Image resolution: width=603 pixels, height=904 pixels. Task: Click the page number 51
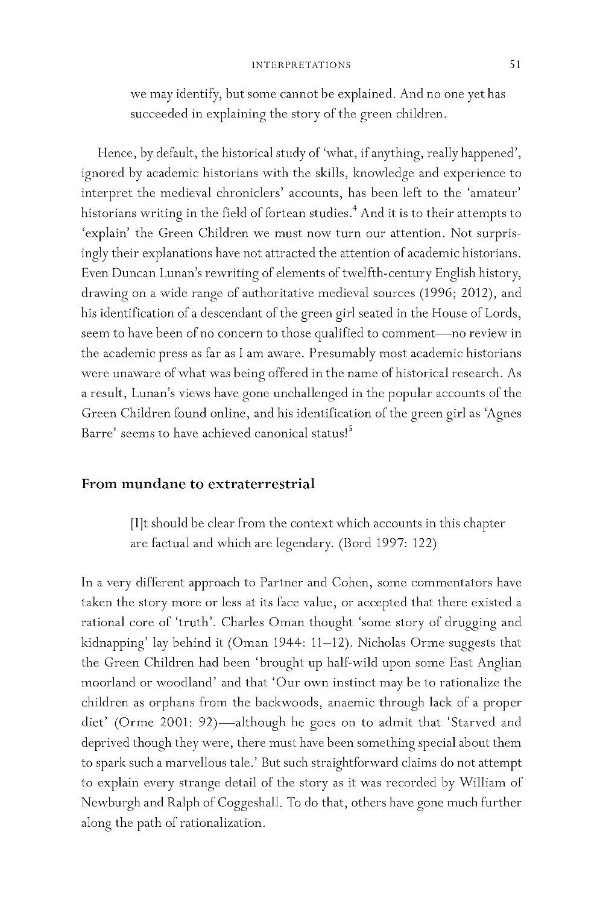point(514,64)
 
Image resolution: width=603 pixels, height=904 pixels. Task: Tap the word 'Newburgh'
point(110,803)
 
